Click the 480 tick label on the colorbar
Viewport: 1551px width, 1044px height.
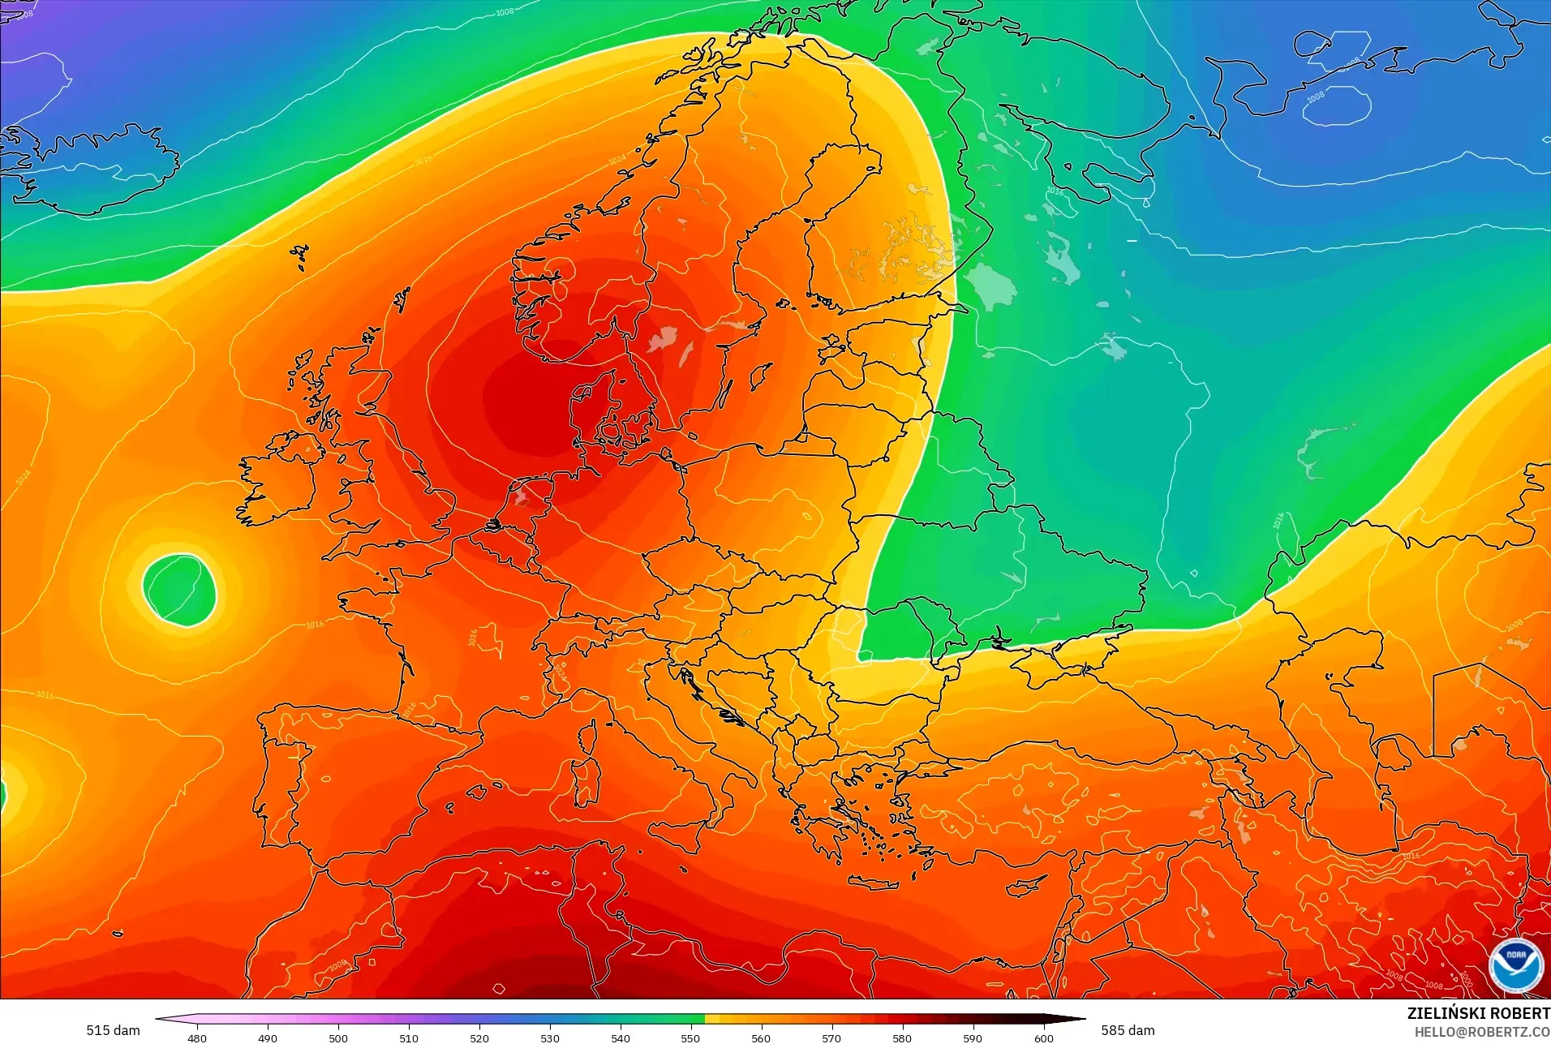coord(196,1038)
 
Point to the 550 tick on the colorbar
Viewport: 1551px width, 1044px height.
coord(690,1038)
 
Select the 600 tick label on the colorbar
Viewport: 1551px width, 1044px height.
coord(1043,1038)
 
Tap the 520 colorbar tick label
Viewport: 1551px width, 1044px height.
coord(479,1038)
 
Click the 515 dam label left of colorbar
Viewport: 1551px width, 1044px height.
coord(113,1030)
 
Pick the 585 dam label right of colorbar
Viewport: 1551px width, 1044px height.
coord(1128,1030)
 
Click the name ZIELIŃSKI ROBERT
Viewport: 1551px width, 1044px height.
coord(1478,1013)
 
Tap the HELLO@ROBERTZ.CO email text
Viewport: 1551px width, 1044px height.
coord(1482,1032)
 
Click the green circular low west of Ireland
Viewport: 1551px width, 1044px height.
coord(180,590)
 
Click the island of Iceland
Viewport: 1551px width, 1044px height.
coord(97,170)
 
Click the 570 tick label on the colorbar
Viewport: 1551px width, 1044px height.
coord(831,1038)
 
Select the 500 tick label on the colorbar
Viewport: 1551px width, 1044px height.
coord(338,1038)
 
